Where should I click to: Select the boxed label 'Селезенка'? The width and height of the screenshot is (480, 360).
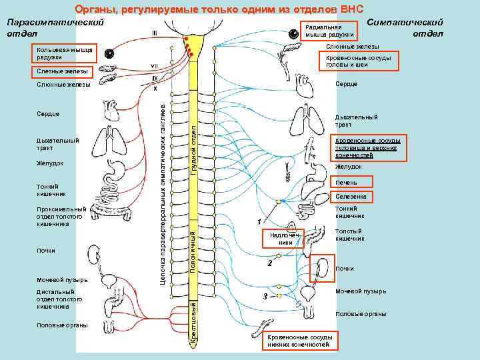pyautogui.click(x=353, y=197)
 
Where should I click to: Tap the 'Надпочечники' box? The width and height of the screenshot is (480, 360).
pyautogui.click(x=286, y=239)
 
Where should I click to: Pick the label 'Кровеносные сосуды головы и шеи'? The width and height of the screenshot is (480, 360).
pyautogui.click(x=358, y=61)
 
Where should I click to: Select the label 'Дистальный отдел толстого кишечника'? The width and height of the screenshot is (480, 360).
pyautogui.click(x=56, y=299)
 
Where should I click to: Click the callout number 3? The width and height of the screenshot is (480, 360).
pyautogui.click(x=265, y=296)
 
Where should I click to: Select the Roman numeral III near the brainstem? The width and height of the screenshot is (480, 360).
pyautogui.click(x=154, y=32)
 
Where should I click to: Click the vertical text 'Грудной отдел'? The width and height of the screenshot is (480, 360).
pyautogui.click(x=193, y=143)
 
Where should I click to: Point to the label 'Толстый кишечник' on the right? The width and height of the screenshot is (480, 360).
pyautogui.click(x=349, y=235)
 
